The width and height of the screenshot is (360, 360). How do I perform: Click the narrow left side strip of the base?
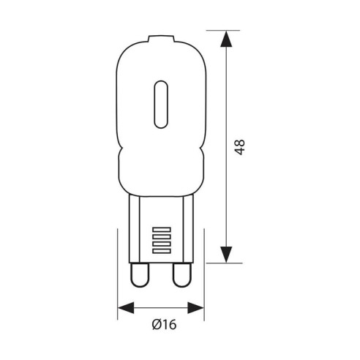coord(134,227)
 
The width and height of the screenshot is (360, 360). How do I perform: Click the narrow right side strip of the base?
coord(189,227)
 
